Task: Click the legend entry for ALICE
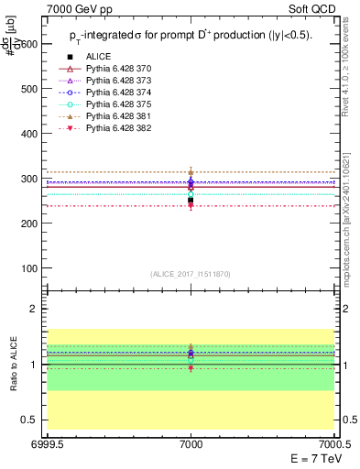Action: (x=98, y=56)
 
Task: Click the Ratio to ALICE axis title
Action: (x=13, y=365)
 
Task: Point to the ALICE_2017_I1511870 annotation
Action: (x=191, y=275)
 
